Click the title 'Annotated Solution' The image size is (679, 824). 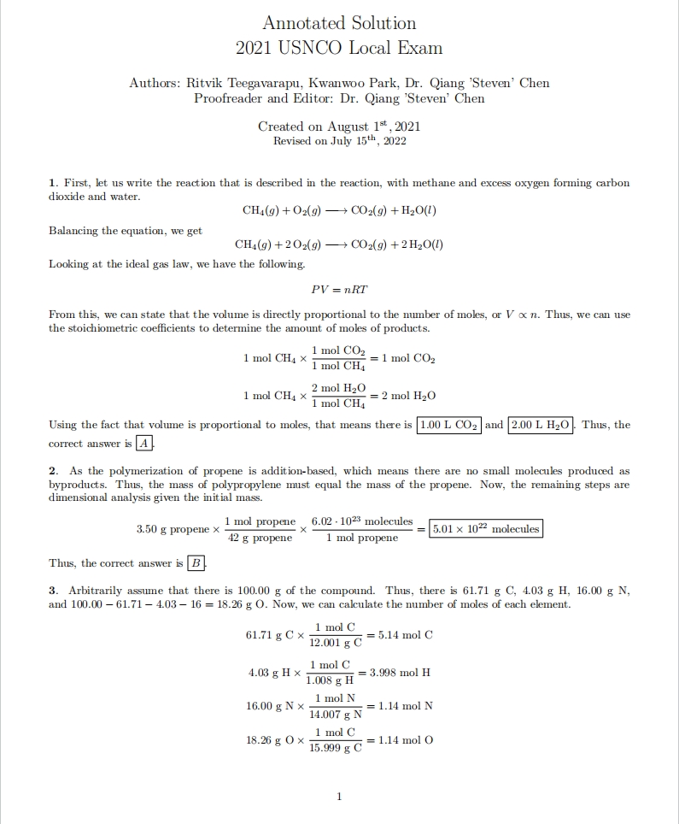point(339,23)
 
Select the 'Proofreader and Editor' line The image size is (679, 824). point(339,98)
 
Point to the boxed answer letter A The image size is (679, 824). point(146,443)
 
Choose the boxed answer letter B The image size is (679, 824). point(196,562)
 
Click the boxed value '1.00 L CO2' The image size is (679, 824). point(449,425)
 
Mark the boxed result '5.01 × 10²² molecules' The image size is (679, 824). point(486,529)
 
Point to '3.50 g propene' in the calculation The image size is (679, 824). point(173,529)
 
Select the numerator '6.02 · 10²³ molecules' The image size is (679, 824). point(362,521)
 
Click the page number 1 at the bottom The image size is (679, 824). point(339,797)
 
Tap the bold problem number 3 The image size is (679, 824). point(52,591)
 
